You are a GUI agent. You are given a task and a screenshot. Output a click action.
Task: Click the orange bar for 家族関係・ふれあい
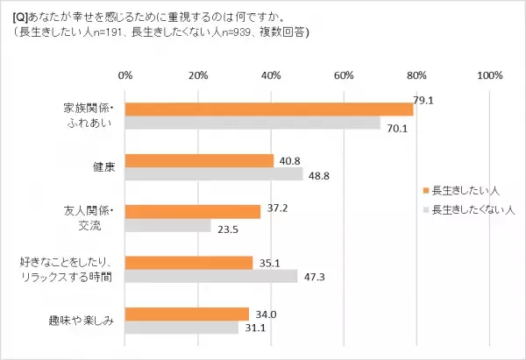268,109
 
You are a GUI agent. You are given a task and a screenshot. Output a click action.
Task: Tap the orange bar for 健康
199,160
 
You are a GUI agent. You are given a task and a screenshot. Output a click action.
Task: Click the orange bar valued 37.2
193,211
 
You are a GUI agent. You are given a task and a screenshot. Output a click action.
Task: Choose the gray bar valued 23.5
167,225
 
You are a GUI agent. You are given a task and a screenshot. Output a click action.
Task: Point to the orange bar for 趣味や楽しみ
187,313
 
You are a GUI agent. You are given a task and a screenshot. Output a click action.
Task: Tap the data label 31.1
252,328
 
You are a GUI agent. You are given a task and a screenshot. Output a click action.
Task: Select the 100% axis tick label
488,74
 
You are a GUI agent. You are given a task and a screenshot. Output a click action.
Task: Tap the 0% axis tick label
125,74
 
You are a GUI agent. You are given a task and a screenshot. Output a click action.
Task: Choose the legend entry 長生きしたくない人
467,209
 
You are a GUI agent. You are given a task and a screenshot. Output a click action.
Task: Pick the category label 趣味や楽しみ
82,320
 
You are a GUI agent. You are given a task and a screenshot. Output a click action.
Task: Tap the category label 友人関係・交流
89,218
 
